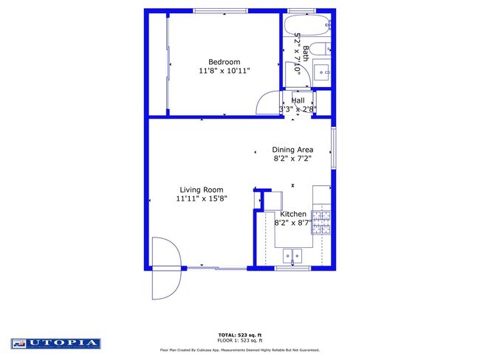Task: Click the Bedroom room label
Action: click(224, 62)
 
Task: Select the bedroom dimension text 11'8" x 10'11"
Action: click(224, 71)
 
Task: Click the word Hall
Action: click(298, 100)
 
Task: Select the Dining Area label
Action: click(292, 149)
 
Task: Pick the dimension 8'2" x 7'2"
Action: click(292, 158)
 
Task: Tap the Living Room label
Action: click(201, 190)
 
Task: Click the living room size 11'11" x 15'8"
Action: click(201, 198)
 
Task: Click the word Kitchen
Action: click(292, 214)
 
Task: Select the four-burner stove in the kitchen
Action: click(321, 221)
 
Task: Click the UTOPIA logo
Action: click(56, 343)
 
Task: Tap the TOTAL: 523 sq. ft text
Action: click(239, 334)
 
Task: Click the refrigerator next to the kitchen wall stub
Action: click(270, 200)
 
